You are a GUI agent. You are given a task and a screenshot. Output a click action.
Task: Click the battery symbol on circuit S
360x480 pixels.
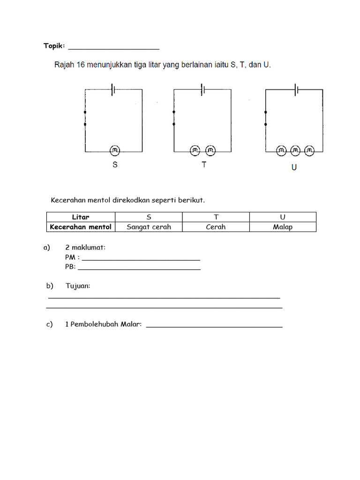tap(113, 89)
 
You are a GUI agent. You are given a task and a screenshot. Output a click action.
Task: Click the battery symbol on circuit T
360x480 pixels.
tap(202, 89)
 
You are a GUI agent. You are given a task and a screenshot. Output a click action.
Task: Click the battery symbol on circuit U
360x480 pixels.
tap(296, 89)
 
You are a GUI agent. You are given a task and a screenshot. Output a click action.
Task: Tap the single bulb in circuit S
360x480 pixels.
tap(115, 150)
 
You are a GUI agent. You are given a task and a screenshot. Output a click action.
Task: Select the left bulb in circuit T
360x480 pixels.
tap(195, 150)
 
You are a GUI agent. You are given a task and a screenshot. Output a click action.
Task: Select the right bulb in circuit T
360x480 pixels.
tap(210, 150)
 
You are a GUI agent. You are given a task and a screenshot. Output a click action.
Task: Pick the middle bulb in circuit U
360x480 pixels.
tap(295, 151)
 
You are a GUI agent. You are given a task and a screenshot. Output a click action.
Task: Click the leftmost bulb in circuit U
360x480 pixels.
tap(281, 151)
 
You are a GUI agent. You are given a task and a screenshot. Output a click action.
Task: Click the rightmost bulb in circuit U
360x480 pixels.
tap(309, 151)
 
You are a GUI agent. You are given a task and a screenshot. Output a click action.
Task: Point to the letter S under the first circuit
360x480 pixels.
tap(115, 165)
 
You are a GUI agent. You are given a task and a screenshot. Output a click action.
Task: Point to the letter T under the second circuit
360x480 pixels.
tap(204, 165)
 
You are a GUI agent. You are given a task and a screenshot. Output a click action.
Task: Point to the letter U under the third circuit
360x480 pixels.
tap(294, 167)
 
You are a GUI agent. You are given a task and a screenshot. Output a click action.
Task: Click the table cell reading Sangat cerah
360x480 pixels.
tap(149, 227)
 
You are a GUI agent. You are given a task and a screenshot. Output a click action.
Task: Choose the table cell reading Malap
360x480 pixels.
tap(283, 227)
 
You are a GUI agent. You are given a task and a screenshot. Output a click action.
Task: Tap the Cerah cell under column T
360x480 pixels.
tap(216, 227)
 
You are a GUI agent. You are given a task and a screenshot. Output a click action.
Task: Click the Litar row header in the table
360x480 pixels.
tap(81, 217)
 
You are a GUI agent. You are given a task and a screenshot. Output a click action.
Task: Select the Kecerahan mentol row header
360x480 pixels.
tap(81, 227)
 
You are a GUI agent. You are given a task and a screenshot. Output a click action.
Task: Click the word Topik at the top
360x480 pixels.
tap(54, 46)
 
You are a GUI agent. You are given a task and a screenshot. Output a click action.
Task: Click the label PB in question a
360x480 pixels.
tap(70, 267)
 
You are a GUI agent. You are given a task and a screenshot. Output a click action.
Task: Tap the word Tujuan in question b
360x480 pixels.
tap(78, 286)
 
